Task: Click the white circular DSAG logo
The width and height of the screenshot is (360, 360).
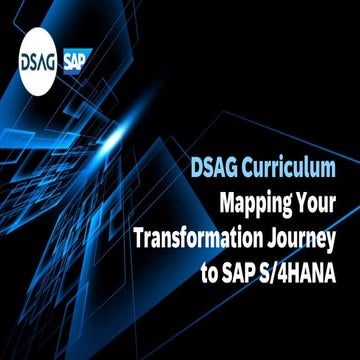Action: click(x=38, y=61)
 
